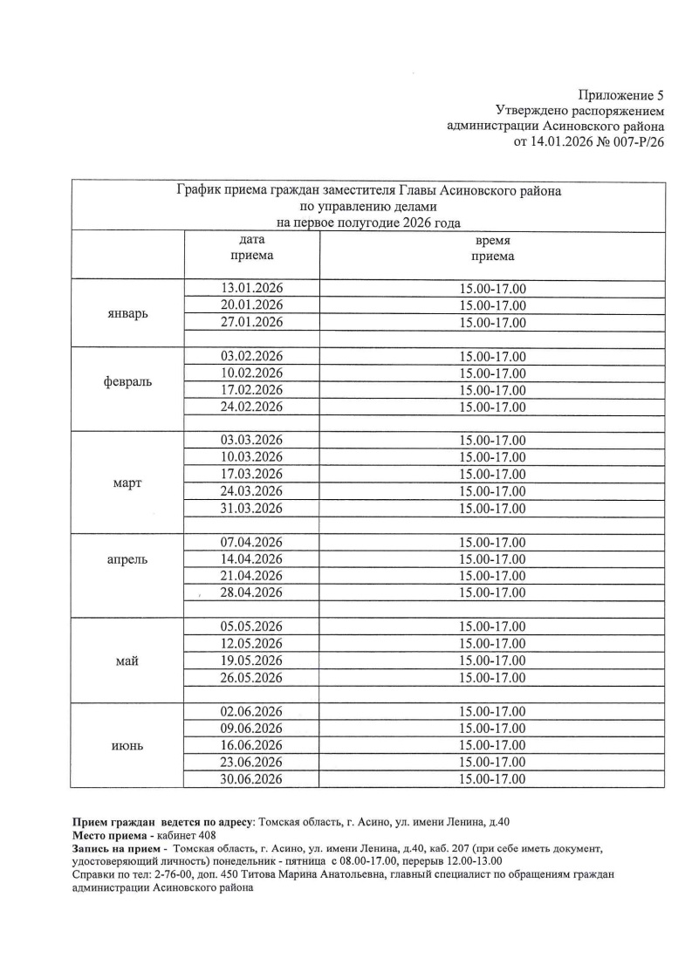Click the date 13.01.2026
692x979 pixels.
point(251,289)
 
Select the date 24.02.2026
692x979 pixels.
point(251,407)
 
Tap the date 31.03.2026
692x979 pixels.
point(251,508)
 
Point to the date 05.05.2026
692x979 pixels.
point(251,626)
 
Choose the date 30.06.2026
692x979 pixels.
point(251,778)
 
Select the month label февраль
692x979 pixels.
point(127,382)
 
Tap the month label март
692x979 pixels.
point(127,483)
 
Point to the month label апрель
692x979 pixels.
point(127,559)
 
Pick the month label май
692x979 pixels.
point(127,661)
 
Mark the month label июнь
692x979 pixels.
point(127,746)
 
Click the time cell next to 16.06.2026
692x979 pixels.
point(492,744)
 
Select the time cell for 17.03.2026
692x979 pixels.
point(492,474)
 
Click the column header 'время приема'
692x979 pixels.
point(492,248)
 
